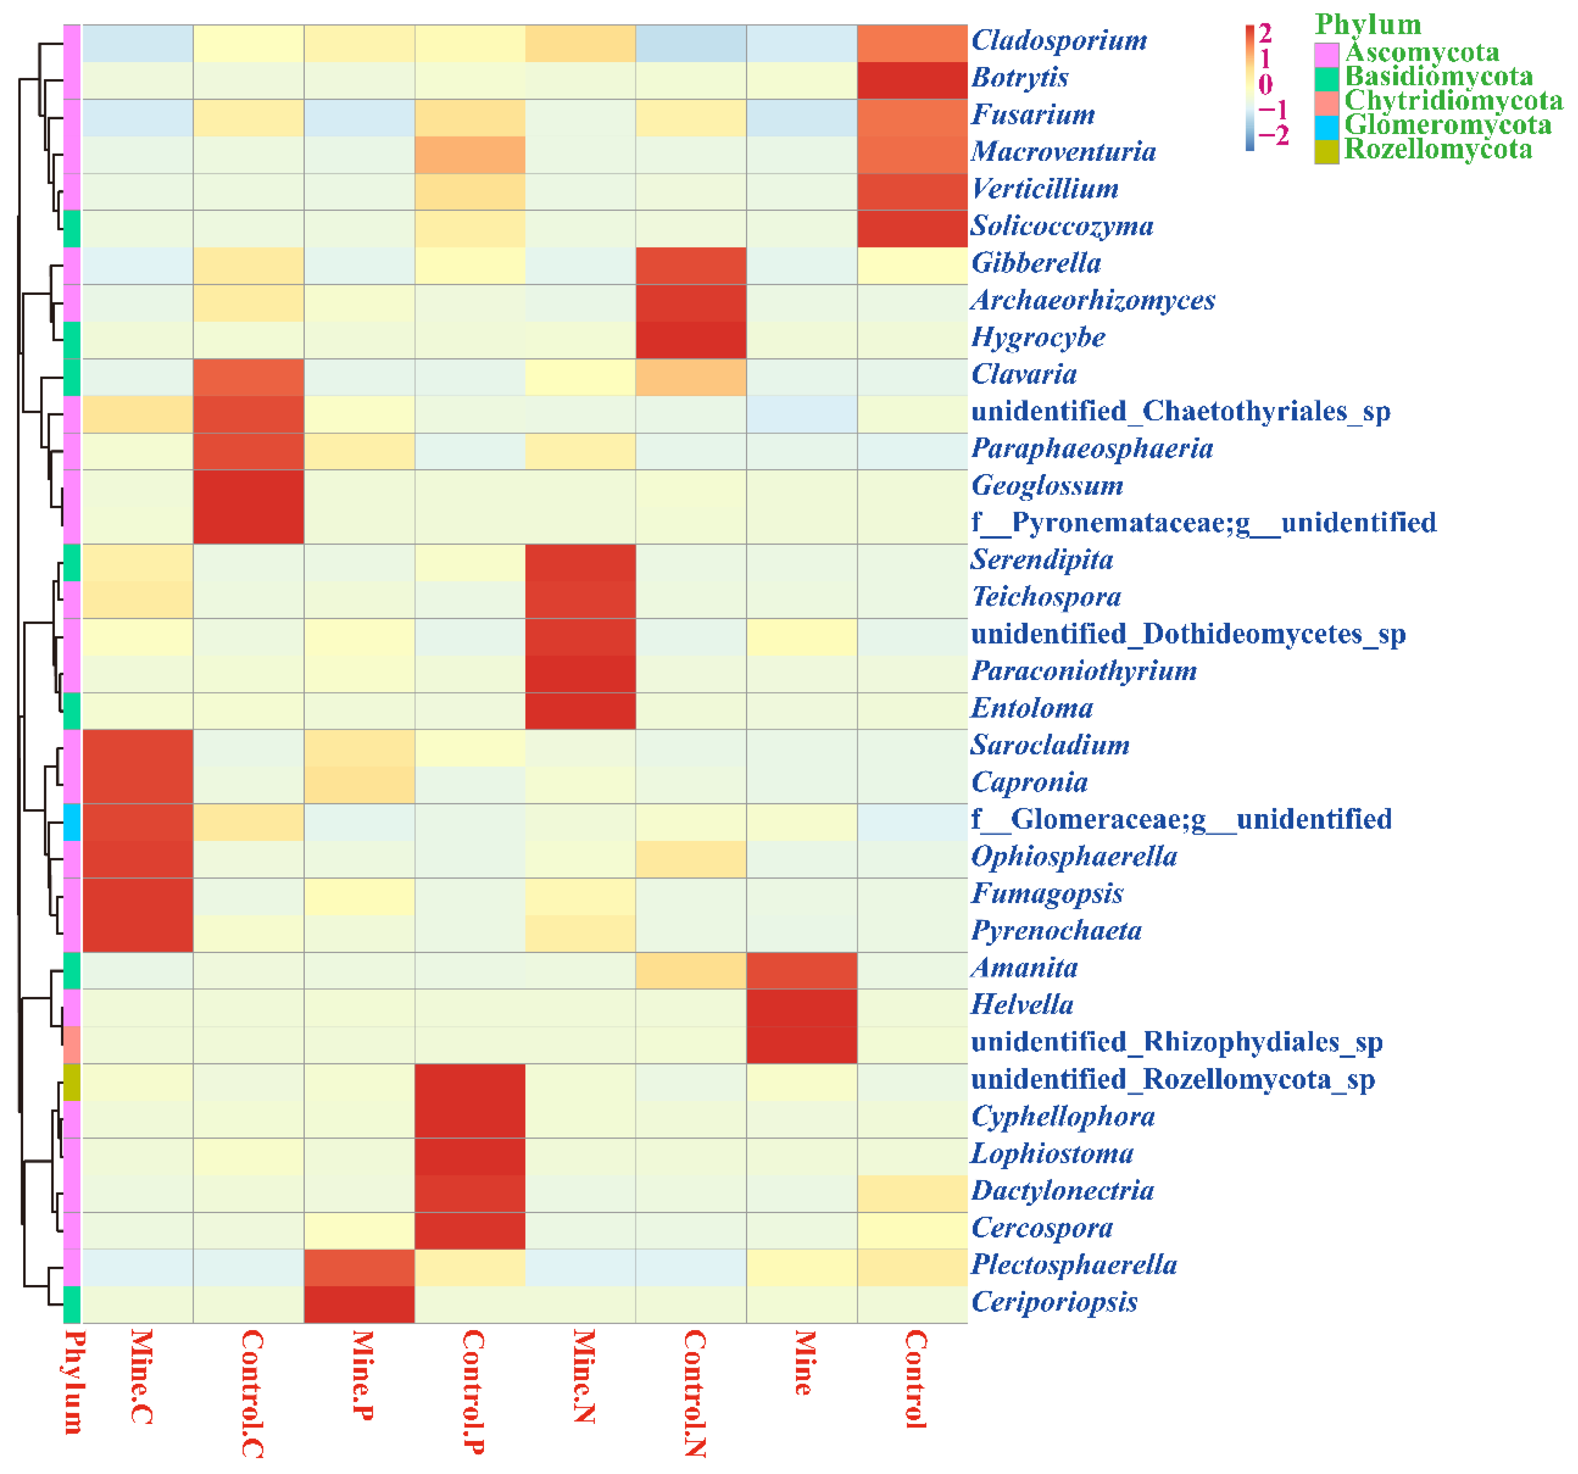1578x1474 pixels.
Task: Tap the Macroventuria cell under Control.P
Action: click(469, 154)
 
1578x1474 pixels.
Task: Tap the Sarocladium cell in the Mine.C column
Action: click(137, 747)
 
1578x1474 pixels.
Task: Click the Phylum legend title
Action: click(1367, 24)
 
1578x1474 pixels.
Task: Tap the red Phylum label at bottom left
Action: click(73, 1381)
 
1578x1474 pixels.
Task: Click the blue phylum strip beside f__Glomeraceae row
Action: click(72, 822)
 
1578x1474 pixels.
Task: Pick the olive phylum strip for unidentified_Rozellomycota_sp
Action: click(72, 1081)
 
